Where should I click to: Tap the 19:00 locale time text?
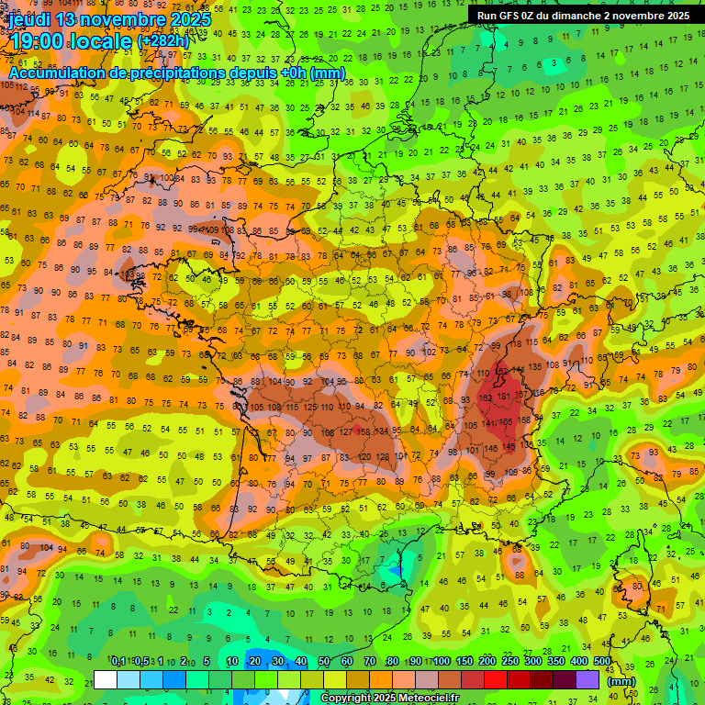(x=72, y=41)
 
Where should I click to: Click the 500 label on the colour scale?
(x=602, y=662)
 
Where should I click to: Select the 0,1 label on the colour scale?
(x=117, y=662)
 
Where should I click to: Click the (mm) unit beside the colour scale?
(x=621, y=681)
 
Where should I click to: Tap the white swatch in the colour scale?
(x=105, y=679)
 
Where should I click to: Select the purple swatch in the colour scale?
(x=587, y=679)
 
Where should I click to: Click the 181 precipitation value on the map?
(x=504, y=397)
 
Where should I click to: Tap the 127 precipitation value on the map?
(x=346, y=431)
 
